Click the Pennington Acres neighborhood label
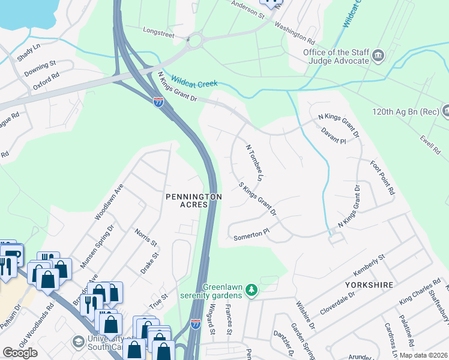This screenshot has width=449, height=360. pyautogui.click(x=194, y=200)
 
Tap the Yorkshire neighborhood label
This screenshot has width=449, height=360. pyautogui.click(x=369, y=284)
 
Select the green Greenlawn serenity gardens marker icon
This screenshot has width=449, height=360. pyautogui.click(x=252, y=291)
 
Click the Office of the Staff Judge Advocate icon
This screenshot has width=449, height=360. pyautogui.click(x=378, y=56)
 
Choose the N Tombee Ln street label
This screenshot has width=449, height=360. pyautogui.click(x=255, y=163)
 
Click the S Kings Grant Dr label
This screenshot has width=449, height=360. pyautogui.click(x=258, y=200)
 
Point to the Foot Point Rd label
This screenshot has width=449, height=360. pyautogui.click(x=382, y=178)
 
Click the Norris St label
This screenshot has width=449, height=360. pyautogui.click(x=146, y=238)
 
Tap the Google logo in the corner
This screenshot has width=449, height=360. pyautogui.click(x=20, y=353)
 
